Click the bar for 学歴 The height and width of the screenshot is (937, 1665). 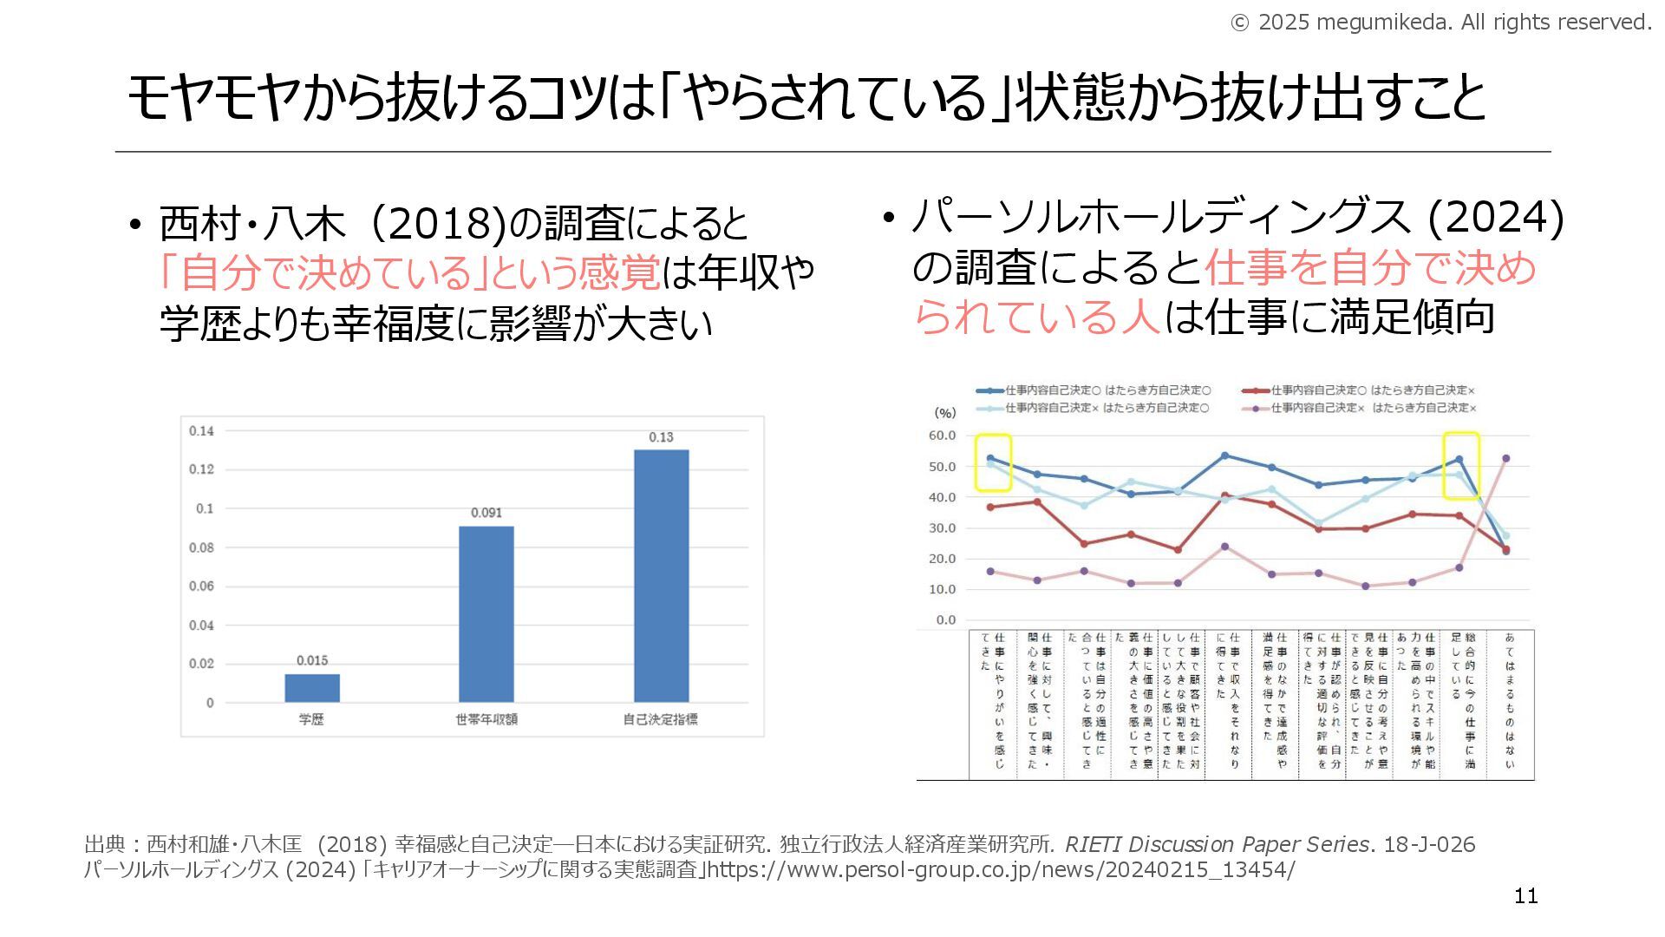[312, 687]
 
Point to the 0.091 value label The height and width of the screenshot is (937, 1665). [486, 513]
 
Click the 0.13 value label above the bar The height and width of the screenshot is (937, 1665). [661, 437]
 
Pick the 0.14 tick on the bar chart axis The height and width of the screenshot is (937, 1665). [201, 431]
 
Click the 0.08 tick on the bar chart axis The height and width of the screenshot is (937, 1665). [201, 547]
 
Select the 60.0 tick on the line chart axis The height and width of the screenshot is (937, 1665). [942, 436]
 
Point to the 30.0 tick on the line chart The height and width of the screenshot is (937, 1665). [942, 527]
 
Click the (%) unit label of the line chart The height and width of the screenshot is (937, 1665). [944, 413]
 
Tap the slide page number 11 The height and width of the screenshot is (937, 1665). [1525, 896]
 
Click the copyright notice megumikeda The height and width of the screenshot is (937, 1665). [1440, 23]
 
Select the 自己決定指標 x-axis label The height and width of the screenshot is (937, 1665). [661, 719]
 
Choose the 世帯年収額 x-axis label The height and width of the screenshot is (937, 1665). [486, 719]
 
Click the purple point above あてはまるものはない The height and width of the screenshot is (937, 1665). [1506, 458]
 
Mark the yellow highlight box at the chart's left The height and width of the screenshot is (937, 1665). [993, 462]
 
